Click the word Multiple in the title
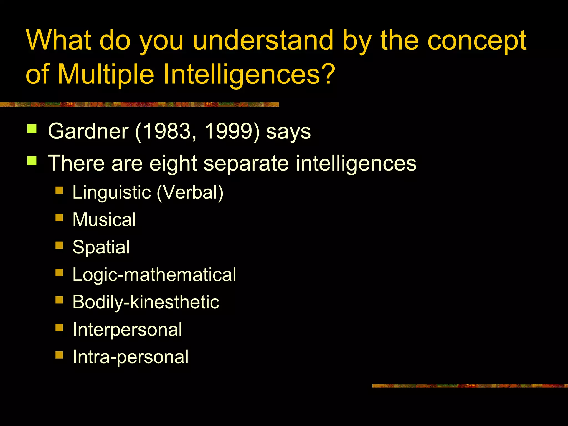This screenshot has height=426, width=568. tap(106, 74)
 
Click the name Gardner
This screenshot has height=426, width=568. tap(88, 131)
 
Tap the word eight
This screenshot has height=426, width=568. tap(173, 163)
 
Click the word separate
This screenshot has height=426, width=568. tap(246, 163)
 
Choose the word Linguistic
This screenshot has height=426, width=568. tap(112, 192)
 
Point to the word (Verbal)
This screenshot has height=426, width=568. tap(190, 192)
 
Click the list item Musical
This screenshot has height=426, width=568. tap(104, 220)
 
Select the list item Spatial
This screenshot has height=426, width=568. tap(101, 247)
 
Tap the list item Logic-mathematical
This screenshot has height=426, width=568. tap(154, 275)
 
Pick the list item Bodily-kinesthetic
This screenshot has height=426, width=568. tap(146, 302)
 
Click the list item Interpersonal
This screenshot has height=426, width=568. tap(127, 329)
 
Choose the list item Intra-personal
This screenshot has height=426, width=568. tap(130, 357)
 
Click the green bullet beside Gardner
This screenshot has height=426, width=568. tap(32, 129)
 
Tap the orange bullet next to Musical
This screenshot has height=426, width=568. tap(59, 217)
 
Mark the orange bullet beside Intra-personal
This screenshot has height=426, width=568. tap(59, 355)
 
